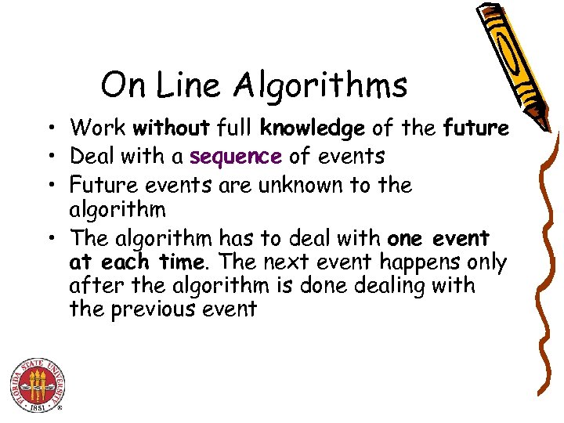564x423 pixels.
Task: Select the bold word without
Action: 172,128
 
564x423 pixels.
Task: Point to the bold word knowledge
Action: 313,128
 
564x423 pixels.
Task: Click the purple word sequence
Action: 235,157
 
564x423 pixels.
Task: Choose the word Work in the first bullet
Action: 99,128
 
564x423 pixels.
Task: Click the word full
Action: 235,128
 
